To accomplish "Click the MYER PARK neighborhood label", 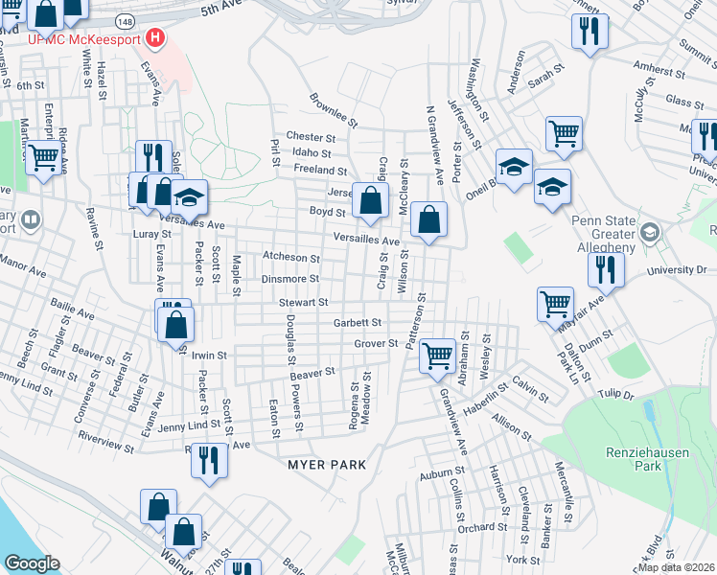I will pos(327,464).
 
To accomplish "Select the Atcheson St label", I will pos(290,257).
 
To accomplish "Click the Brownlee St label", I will pos(333,110).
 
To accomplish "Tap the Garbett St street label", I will pos(358,323).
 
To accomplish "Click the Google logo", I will pos(32,563).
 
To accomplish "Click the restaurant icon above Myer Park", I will pos(207,460).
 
